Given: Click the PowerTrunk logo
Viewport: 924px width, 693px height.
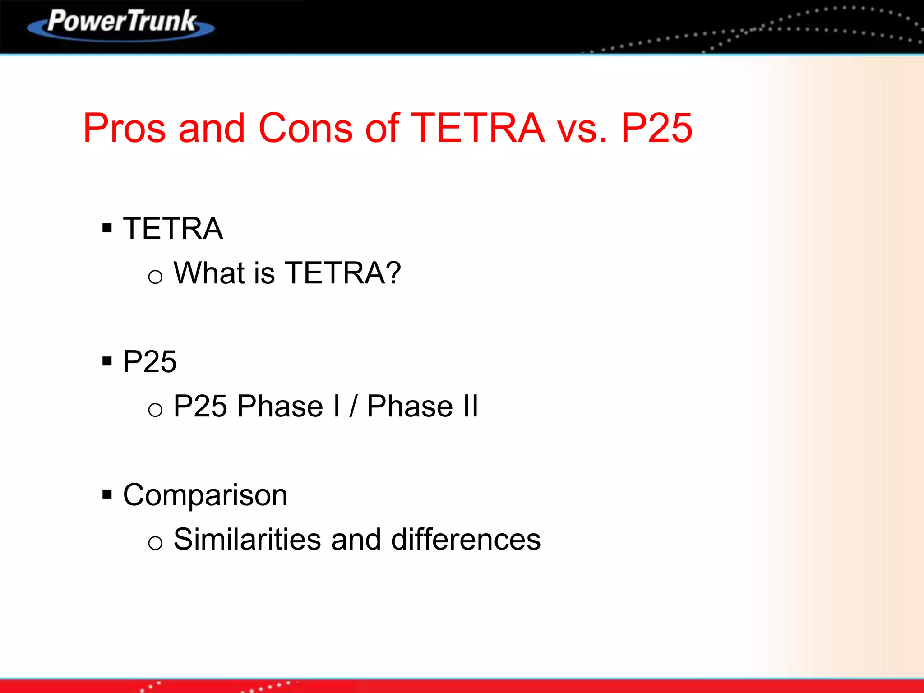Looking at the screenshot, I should [121, 23].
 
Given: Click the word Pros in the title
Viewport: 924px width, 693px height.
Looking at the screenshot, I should [125, 129].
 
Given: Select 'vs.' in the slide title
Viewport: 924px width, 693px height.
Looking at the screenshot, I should [582, 129].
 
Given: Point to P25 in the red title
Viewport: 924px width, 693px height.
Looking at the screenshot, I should [656, 129].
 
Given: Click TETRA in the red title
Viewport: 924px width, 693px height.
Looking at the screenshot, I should [478, 129].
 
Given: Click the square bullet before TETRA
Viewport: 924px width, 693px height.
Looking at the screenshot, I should [107, 228].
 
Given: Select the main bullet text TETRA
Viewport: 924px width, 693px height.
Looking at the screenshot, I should [173, 229].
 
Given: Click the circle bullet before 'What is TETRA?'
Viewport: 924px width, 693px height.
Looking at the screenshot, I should [155, 276].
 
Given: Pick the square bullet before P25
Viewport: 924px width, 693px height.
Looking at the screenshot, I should [107, 361].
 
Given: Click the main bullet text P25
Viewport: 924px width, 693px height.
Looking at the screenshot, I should [149, 362].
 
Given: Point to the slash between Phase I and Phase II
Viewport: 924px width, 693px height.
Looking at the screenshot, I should [353, 406].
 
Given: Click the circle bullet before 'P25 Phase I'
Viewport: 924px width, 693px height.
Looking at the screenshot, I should [155, 410].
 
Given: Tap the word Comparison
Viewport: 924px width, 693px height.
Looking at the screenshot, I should [205, 495].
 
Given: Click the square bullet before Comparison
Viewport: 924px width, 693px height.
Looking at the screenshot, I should [107, 494].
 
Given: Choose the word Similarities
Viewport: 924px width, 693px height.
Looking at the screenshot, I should [247, 539].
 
